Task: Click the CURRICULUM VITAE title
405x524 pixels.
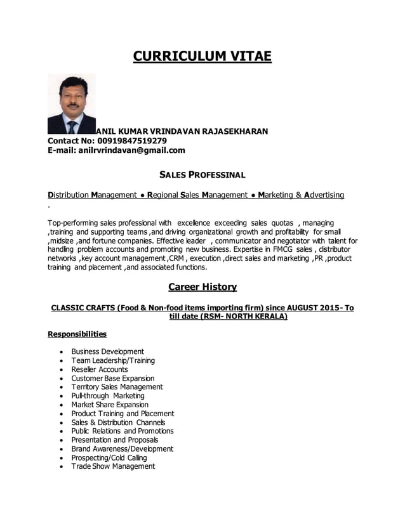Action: pyautogui.click(x=202, y=56)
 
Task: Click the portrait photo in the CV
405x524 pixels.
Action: pyautogui.click(x=72, y=104)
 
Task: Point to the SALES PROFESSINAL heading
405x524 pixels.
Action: pyautogui.click(x=202, y=174)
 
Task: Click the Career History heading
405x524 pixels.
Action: pyautogui.click(x=202, y=287)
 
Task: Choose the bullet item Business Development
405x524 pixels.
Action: pyautogui.click(x=107, y=351)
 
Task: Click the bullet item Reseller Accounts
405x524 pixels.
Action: pyautogui.click(x=100, y=369)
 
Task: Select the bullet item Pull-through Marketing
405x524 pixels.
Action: pyautogui.click(x=108, y=396)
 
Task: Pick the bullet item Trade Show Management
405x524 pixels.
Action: pyautogui.click(x=113, y=466)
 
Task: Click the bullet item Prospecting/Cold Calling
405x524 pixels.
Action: pyautogui.click(x=109, y=457)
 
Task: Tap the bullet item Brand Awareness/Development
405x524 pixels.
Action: pyautogui.click(x=122, y=449)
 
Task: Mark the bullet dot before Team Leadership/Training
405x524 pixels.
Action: pyautogui.click(x=60, y=361)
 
